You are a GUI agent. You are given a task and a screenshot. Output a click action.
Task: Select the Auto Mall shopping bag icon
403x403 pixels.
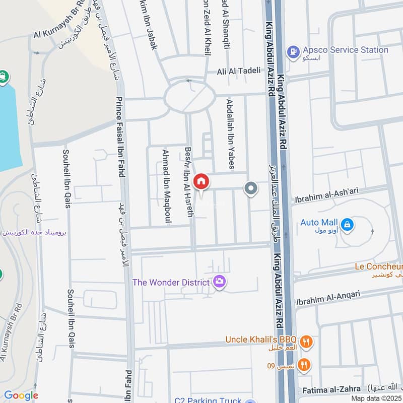pyautogui.click(x=347, y=225)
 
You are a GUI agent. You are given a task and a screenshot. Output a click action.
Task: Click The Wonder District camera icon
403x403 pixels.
pyautogui.click(x=219, y=282)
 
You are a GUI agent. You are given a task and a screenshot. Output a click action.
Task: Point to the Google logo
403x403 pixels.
pyautogui.click(x=21, y=396)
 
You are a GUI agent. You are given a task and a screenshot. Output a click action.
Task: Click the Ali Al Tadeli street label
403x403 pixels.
pyautogui.click(x=238, y=71)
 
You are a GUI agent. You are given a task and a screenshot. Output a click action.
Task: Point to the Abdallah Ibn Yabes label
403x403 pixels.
pyautogui.click(x=230, y=133)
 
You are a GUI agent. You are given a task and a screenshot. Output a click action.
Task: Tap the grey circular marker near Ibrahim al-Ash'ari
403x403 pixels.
pyautogui.click(x=251, y=189)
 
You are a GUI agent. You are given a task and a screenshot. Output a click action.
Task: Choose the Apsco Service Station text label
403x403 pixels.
pyautogui.click(x=346, y=50)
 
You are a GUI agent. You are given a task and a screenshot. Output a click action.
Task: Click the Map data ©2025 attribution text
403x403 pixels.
pyautogui.click(x=376, y=398)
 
